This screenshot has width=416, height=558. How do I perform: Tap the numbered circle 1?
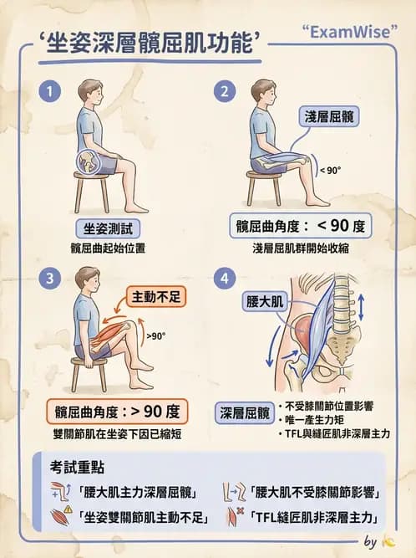coord(50,91)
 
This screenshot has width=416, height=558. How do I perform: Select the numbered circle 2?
coord(225,91)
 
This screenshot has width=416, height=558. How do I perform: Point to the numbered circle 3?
coord(50,278)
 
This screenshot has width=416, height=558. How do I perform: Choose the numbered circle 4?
coord(225,278)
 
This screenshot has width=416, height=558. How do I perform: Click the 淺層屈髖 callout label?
coord(329,116)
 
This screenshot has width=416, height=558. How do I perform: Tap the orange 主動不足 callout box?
coord(156,296)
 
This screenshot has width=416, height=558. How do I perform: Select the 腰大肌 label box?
coord(265,301)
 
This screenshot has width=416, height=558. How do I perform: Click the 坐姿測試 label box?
coord(108,228)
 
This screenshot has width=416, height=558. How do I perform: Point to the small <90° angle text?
coord(331,171)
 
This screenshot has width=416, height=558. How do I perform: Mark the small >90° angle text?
coord(156,336)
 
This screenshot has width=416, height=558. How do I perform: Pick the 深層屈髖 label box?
coord(245,413)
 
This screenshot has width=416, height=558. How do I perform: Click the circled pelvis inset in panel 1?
coord(88,161)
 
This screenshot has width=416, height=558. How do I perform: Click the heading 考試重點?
coord(77,468)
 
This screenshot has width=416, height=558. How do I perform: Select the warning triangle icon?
coord(68,509)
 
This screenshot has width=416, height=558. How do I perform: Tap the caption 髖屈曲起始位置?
coord(108,248)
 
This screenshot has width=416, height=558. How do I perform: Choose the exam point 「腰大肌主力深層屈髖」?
coord(137,494)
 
